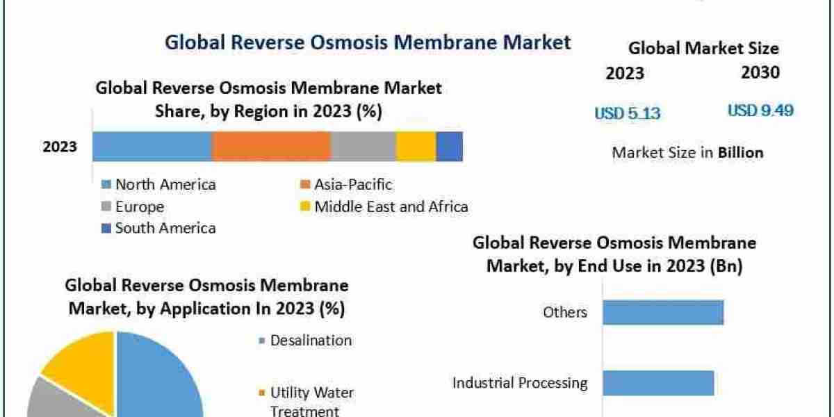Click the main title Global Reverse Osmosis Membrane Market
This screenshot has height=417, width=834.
pyautogui.click(x=368, y=42)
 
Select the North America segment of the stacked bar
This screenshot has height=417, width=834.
pyautogui.click(x=152, y=147)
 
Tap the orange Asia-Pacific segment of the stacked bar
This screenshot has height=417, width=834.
pyautogui.click(x=271, y=147)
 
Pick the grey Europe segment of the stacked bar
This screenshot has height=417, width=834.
pyautogui.click(x=363, y=147)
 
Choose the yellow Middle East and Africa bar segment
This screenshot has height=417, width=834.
pyautogui.click(x=416, y=147)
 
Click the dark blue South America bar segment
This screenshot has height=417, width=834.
pyautogui.click(x=449, y=147)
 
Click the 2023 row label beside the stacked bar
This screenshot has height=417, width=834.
pyautogui.click(x=60, y=147)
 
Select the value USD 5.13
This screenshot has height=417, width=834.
pyautogui.click(x=627, y=113)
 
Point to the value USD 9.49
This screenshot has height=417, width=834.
pyautogui.click(x=760, y=111)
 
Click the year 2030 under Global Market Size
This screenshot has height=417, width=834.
pyautogui.click(x=760, y=72)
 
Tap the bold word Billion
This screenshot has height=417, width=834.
pyautogui.click(x=740, y=153)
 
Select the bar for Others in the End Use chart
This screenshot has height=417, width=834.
pyautogui.click(x=662, y=313)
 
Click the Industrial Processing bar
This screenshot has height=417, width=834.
pyautogui.click(x=657, y=383)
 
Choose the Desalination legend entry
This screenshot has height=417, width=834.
pyautogui.click(x=310, y=341)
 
